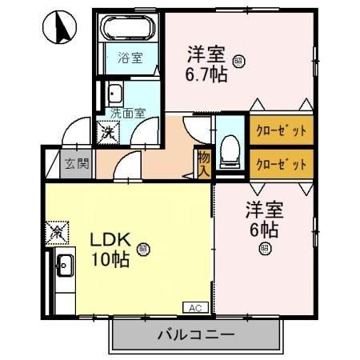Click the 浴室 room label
(x=129, y=58)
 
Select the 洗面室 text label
(x=127, y=114)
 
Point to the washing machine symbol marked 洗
(x=106, y=131)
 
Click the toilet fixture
(x=230, y=149)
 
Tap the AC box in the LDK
(x=194, y=307)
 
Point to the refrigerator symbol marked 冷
(x=58, y=233)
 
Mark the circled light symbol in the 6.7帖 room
(x=238, y=60)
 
